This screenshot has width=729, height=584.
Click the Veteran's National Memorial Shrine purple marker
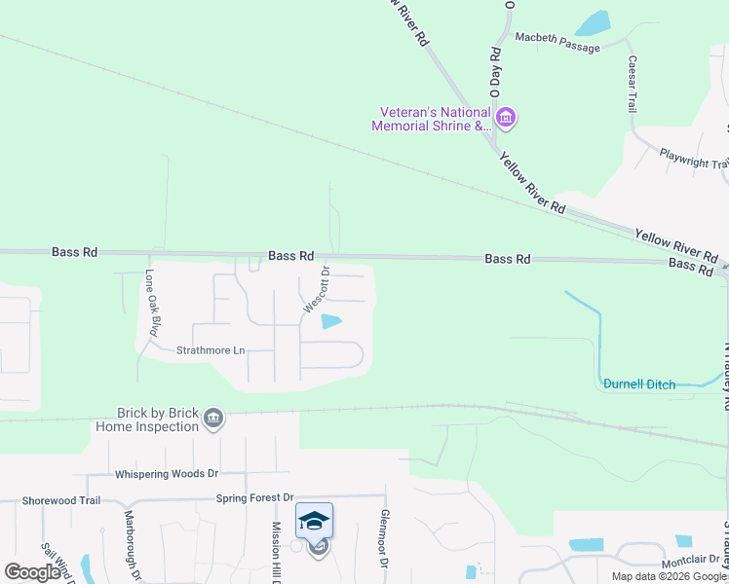tap(505, 120)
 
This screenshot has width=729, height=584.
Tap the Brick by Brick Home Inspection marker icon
tap(213, 420)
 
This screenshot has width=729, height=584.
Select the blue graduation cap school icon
tap(315, 522)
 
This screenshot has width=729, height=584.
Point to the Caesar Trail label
tap(633, 84)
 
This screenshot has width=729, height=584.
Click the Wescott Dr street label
tap(316, 290)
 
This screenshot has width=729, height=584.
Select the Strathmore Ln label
tap(210, 350)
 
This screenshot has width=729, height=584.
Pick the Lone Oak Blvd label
tap(152, 303)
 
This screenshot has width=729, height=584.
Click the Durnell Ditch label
tap(638, 384)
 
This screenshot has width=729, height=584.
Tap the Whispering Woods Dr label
tap(167, 474)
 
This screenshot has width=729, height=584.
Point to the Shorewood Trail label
tap(62, 500)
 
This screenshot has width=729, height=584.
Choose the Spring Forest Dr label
tap(254, 497)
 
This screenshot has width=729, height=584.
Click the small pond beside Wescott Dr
tap(331, 322)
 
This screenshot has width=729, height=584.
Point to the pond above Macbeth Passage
tap(592, 23)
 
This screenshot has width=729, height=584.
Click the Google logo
tap(32, 572)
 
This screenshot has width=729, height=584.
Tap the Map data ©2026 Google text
tap(670, 576)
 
